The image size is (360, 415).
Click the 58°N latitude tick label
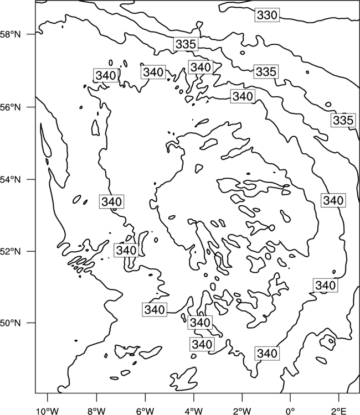[11, 34]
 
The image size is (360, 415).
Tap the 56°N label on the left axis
[11, 107]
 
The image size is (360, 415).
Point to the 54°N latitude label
[11, 180]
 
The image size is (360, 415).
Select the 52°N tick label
[11, 251]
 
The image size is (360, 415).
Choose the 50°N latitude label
[11, 323]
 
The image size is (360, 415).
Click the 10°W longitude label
[48, 411]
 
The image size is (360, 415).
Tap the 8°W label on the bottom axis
[96, 411]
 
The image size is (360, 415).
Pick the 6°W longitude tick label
[145, 411]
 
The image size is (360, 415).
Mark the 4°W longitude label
[194, 411]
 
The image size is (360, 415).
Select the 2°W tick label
[242, 411]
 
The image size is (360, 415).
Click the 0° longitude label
[290, 411]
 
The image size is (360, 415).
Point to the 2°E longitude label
[339, 411]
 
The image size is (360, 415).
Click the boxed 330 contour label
[267, 15]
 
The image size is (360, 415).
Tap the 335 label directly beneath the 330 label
[266, 71]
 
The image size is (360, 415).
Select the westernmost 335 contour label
[186, 44]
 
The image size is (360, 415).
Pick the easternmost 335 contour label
[343, 120]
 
